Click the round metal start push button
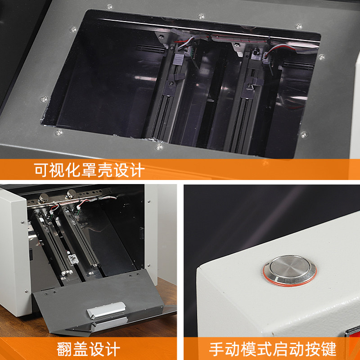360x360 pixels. [290, 270]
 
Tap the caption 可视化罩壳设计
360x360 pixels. [89, 170]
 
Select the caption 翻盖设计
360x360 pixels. [88, 349]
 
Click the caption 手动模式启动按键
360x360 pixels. [273, 349]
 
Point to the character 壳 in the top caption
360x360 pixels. [105, 170]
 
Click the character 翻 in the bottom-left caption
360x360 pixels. [64, 349]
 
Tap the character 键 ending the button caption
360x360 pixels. [329, 349]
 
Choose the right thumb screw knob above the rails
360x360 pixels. [71, 194]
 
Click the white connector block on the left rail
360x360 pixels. [73, 260]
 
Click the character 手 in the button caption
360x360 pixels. [217, 349]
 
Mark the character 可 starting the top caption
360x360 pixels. [41, 170]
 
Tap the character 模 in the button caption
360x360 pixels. [249, 349]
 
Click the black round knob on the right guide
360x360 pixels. [256, 52]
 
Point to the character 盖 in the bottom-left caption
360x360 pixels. [81, 349]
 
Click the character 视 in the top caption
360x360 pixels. [58, 170]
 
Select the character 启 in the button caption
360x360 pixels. [281, 349]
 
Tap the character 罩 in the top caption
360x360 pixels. [89, 170]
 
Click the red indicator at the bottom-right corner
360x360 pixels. [353, 333]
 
